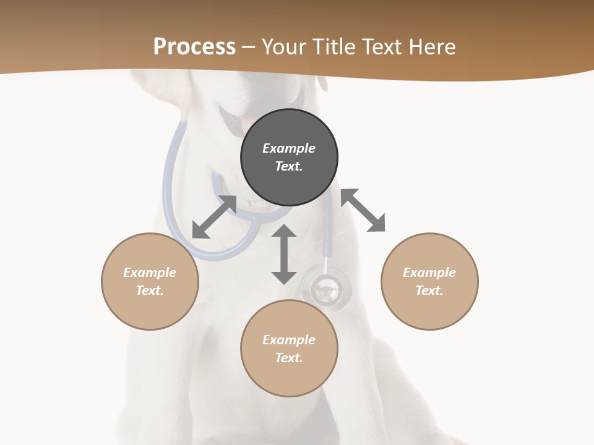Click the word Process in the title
click(194, 47)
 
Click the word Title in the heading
click(332, 47)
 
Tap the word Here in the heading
click(431, 47)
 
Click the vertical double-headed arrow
click(284, 255)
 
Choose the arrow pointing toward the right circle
click(363, 210)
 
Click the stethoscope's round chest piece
click(326, 289)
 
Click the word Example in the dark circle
click(289, 148)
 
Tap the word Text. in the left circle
click(150, 290)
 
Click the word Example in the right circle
click(429, 273)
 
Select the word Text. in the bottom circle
click(289, 358)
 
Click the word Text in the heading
click(381, 47)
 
